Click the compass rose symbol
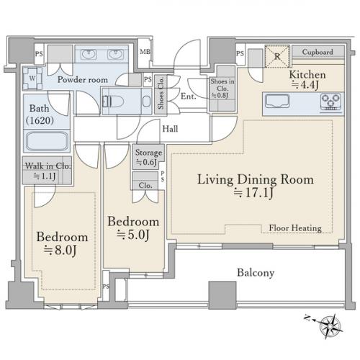click(331, 326)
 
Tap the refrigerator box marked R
click(277, 56)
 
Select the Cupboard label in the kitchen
click(318, 52)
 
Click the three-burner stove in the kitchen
click(331, 102)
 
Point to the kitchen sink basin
click(277, 101)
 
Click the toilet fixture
click(113, 102)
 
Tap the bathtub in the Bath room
click(47, 141)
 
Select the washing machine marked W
click(32, 78)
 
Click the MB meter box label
click(145, 51)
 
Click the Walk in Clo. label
click(48, 166)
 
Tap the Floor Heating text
click(295, 228)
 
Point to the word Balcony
click(256, 273)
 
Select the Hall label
click(170, 129)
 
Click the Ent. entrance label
click(189, 96)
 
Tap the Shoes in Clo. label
click(222, 85)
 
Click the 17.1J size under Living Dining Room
click(253, 193)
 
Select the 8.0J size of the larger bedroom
click(60, 251)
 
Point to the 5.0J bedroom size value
click(132, 235)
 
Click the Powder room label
click(83, 80)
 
